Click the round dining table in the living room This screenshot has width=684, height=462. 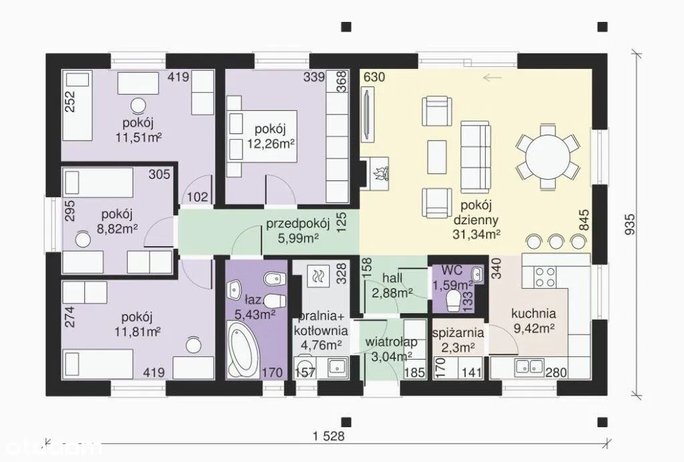click(548, 156)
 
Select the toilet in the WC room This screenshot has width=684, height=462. click(454, 301)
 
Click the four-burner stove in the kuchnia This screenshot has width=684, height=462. click(545, 277)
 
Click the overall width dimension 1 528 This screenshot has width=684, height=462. click(329, 436)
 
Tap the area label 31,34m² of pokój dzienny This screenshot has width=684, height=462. click(476, 234)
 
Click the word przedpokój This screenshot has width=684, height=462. click(298, 224)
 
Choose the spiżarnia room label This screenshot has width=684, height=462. click(458, 333)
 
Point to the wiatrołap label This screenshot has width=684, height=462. click(391, 342)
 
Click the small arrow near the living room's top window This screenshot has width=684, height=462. click(492, 78)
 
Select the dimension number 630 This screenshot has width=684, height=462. click(374, 77)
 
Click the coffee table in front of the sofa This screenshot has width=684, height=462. click(437, 157)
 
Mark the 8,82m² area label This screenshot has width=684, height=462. click(118, 228)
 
